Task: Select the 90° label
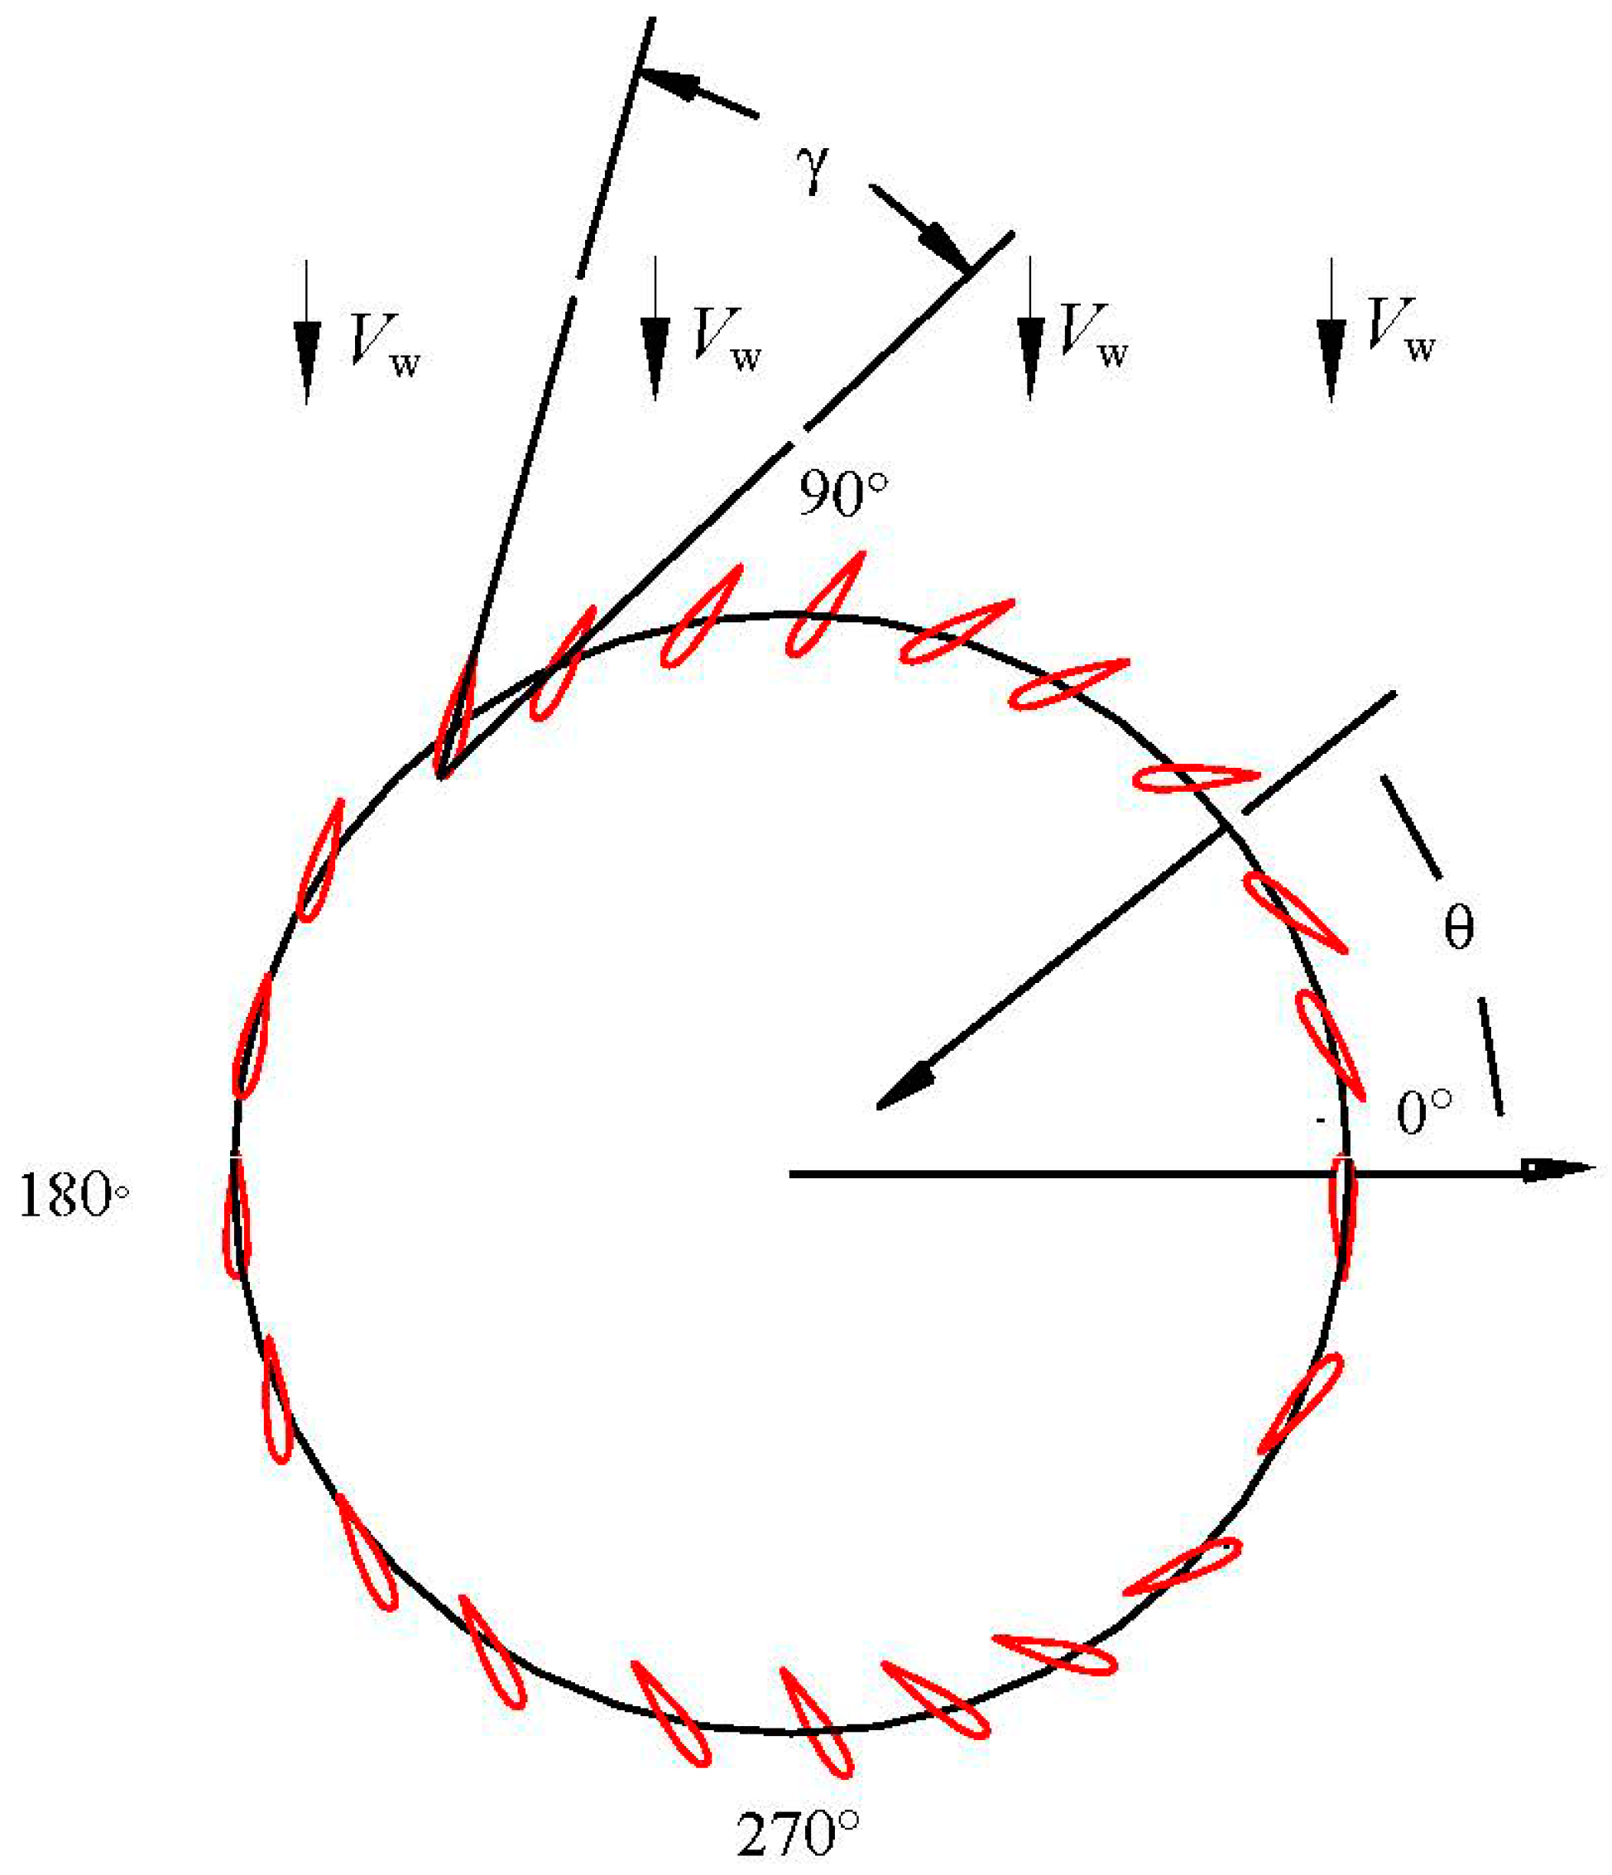click(x=842, y=495)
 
